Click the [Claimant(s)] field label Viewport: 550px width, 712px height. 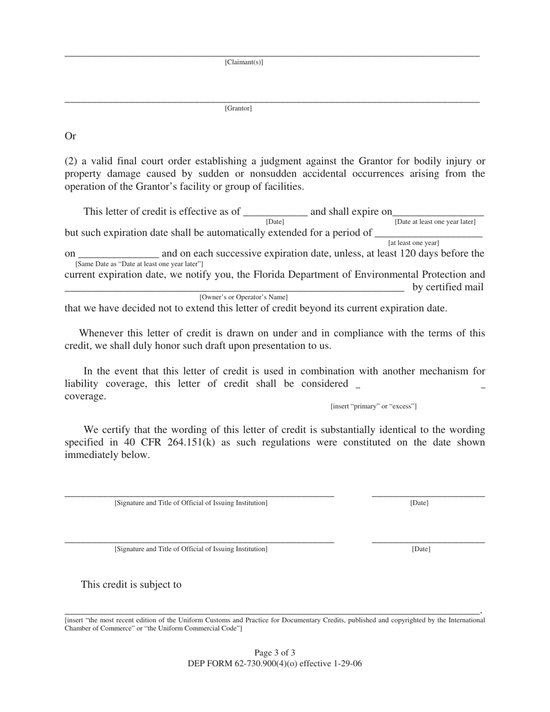coord(244,63)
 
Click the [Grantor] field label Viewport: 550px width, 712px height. coord(238,108)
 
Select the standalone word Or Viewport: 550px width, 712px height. coord(70,137)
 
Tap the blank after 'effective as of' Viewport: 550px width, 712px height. coord(275,212)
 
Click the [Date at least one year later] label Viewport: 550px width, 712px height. coord(435,222)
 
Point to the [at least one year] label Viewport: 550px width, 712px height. coord(413,243)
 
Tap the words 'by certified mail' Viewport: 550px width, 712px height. coord(448,287)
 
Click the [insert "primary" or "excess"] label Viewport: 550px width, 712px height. coord(373,406)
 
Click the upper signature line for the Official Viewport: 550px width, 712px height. coord(199,496)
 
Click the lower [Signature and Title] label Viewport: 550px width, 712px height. coord(191,549)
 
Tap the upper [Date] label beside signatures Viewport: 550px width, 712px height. coord(419,503)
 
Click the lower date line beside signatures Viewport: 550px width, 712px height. coord(428,541)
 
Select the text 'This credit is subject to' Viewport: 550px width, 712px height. coord(131,585)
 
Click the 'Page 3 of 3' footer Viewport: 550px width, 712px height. coord(274,653)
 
